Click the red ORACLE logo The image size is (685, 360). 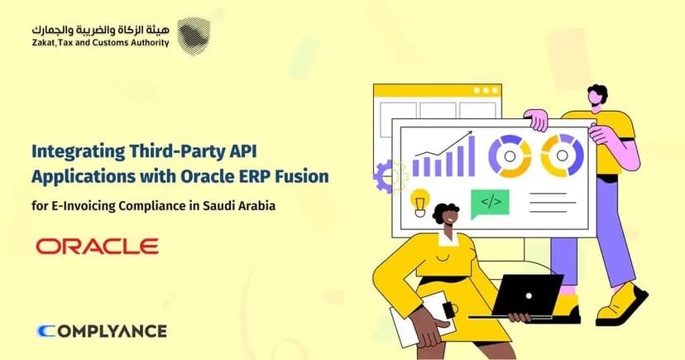click(97, 247)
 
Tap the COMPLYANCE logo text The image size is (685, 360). click(103, 331)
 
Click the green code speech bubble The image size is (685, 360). click(490, 202)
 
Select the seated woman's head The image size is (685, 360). click(448, 219)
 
